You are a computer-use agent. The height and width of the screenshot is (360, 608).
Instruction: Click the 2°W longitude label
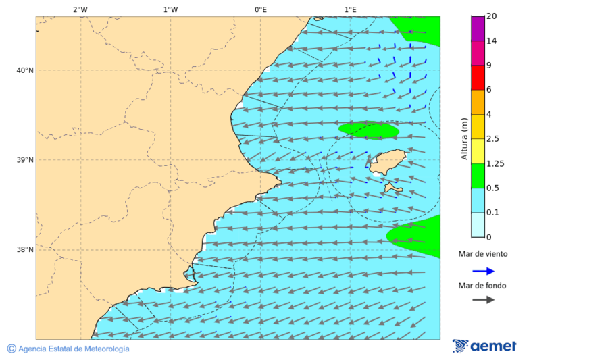80,9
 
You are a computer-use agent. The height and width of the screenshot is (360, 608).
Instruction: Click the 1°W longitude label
170,9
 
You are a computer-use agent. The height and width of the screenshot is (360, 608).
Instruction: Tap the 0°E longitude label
260,9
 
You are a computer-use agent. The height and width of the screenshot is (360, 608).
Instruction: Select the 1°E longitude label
350,9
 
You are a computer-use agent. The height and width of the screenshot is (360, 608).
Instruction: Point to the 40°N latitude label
25,70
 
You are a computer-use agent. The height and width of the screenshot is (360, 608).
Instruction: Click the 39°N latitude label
25,160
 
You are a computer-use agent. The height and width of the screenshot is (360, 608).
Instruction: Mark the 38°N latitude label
25,249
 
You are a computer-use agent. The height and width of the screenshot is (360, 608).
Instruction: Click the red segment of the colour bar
478,78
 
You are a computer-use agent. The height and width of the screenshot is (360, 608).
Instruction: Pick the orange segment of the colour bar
478,102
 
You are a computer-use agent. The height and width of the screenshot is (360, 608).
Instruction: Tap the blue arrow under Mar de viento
483,271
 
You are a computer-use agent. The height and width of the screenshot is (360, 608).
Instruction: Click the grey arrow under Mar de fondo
483,300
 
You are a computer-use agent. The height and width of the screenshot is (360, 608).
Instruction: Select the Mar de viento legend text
482,254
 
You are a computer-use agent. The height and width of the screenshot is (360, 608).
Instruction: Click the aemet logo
484,346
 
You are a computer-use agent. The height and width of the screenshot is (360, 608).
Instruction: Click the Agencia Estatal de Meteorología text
73,349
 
